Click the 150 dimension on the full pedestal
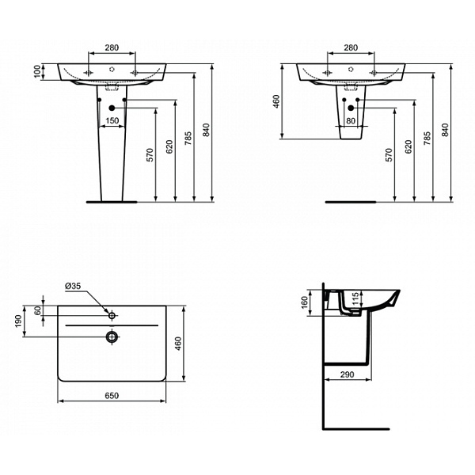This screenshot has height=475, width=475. tap(112, 120)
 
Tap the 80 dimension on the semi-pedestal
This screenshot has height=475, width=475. tap(351, 121)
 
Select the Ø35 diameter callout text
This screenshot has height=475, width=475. tap(74, 286)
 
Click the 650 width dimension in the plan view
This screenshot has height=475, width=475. tap(112, 396)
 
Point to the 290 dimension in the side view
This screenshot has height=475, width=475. tap(348, 374)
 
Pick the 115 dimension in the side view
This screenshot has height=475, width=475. tap(355, 298)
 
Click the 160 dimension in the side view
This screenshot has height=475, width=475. tap(305, 302)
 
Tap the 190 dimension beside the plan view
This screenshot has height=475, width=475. tap(18, 321)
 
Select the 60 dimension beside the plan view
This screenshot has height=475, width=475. tap(37, 310)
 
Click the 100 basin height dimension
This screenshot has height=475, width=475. tap(37, 71)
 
